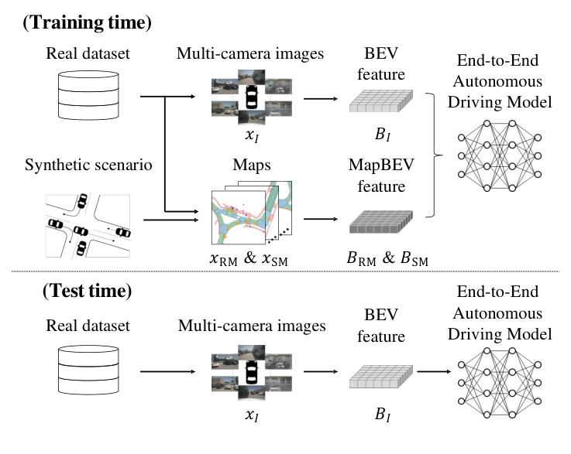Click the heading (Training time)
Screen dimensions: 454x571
pos(87,22)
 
